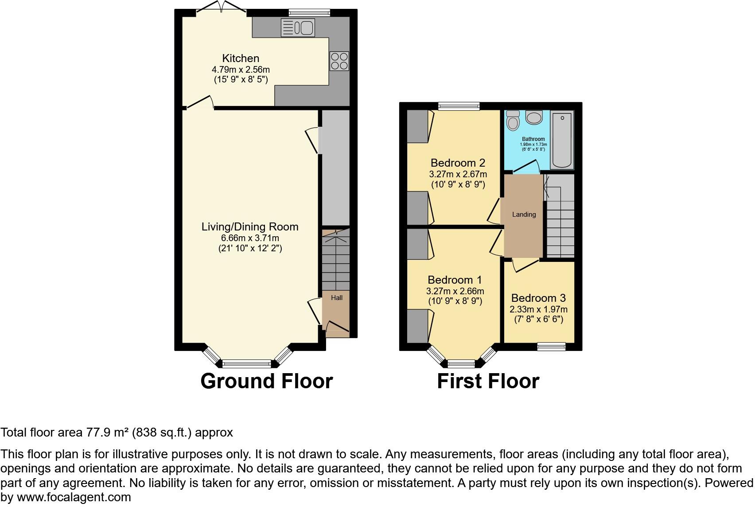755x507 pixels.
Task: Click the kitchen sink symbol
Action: (x=297, y=28)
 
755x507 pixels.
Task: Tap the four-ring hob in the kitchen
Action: (x=339, y=61)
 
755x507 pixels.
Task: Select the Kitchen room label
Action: (x=241, y=58)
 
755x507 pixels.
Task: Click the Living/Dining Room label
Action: (x=250, y=227)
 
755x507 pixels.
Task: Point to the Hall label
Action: (x=337, y=298)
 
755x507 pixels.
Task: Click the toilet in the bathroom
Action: (x=513, y=120)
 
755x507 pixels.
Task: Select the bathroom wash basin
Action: (x=534, y=117)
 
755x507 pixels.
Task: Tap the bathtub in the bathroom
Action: (x=562, y=140)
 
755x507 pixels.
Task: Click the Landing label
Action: (x=524, y=214)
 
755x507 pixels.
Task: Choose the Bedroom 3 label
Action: (x=538, y=298)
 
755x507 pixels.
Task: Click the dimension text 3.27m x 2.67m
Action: (x=458, y=174)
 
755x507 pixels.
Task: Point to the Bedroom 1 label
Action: (x=455, y=280)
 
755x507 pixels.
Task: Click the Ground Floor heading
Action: (x=266, y=381)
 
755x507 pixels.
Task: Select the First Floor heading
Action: (x=488, y=381)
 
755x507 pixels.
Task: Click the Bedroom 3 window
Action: (x=552, y=347)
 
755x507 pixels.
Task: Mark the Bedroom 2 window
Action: (x=459, y=106)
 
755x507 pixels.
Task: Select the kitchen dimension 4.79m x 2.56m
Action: (x=241, y=70)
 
